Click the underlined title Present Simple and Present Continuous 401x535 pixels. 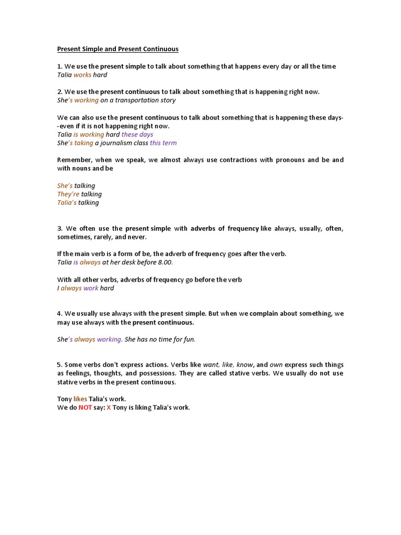117,49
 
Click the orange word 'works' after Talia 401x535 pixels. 82,75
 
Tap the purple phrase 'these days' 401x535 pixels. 137,134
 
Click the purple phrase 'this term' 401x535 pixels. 163,143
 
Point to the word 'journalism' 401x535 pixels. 115,143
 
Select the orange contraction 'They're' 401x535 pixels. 68,194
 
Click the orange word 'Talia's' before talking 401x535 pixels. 67,203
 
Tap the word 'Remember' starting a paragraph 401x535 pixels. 74,160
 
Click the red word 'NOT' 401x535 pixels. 85,408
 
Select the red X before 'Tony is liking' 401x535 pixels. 109,408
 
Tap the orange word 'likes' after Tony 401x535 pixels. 80,399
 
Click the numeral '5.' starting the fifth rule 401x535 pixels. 60,365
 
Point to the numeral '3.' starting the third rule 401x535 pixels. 60,228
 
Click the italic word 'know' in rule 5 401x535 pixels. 245,365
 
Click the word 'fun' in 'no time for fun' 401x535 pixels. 189,340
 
